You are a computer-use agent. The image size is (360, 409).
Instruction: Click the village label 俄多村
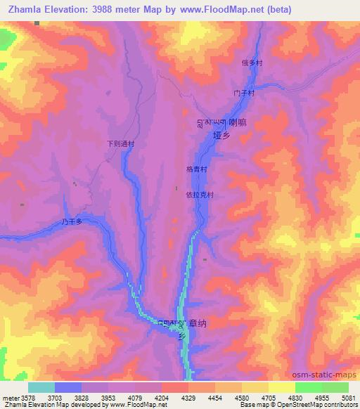click(x=252, y=63)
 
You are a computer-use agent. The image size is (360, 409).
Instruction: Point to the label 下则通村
click(x=120, y=143)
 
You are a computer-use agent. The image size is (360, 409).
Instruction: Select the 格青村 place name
click(x=195, y=169)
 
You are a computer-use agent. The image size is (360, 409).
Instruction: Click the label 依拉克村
click(x=198, y=196)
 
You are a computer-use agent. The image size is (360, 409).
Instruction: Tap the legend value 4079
click(x=134, y=398)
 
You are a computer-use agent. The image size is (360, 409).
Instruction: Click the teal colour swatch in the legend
click(x=41, y=387)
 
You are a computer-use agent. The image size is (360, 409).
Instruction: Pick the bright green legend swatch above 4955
click(x=308, y=387)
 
